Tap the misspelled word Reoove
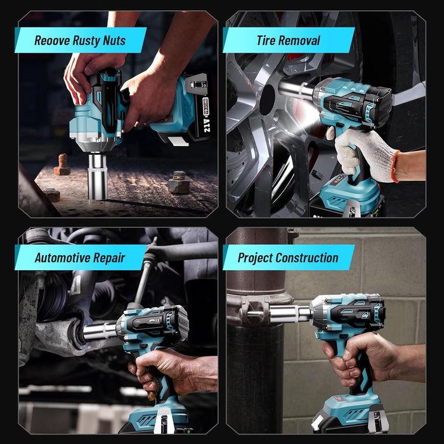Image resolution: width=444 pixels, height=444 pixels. click(52, 41)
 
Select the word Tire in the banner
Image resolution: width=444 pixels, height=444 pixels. click(266, 41)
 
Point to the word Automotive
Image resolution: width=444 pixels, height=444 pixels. click(62, 258)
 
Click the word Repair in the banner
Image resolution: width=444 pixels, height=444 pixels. click(109, 258)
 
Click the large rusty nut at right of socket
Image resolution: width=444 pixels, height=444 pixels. click(178, 183)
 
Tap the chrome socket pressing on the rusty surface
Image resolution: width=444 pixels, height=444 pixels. click(98, 176)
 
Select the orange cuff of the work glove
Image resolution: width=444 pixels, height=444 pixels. click(396, 166)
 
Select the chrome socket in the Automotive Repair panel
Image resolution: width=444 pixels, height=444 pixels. click(100, 331)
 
